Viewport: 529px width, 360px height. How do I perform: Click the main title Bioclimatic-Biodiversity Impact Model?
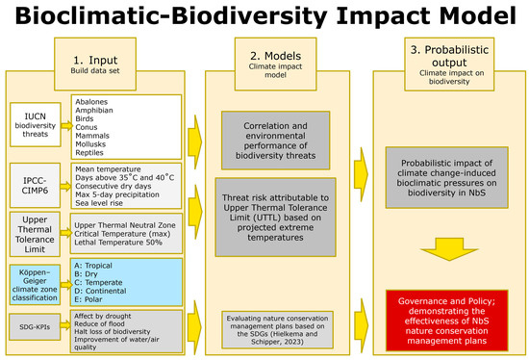[264, 16]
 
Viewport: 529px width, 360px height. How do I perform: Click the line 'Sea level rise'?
[100, 205]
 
